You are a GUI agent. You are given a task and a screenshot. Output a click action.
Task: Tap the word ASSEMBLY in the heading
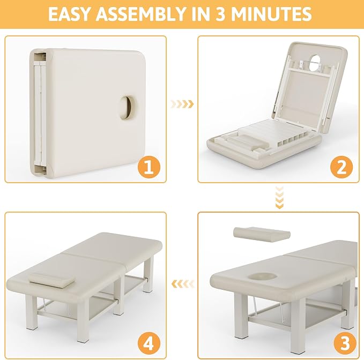point(140,14)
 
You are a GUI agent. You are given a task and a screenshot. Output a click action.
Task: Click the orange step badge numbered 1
point(149,167)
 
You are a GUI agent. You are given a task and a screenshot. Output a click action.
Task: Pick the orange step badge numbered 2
point(341,167)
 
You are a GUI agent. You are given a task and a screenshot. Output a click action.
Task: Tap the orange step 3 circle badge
point(345,343)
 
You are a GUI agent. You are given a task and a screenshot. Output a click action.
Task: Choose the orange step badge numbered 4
point(149,343)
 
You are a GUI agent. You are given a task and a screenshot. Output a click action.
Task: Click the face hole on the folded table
point(127,108)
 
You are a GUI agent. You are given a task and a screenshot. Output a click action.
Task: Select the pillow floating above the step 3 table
point(262,234)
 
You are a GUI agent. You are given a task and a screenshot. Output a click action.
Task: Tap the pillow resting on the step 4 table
point(52,280)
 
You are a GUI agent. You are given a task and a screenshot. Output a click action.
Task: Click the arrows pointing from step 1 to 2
point(182,104)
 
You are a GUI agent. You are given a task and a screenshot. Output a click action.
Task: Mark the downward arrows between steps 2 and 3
point(279,197)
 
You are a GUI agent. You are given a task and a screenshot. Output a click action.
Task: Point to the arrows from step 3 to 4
point(183,284)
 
